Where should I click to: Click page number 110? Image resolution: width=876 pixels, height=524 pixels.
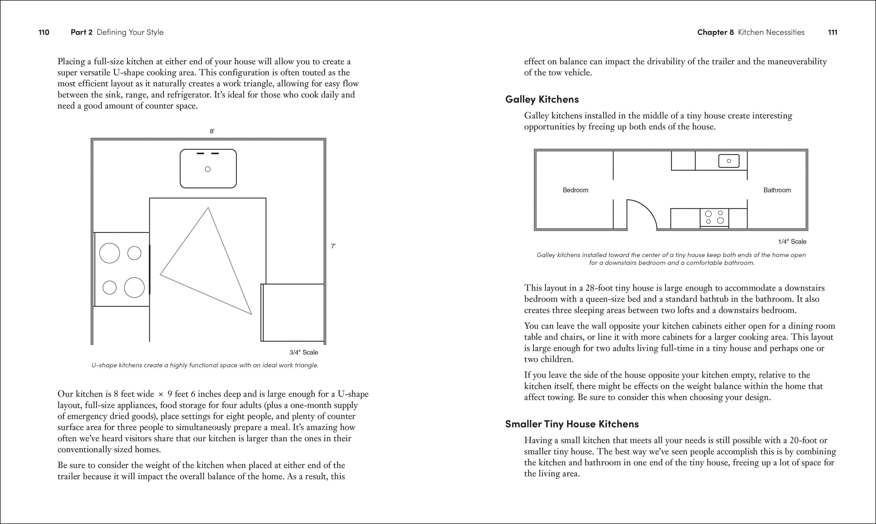tap(44, 32)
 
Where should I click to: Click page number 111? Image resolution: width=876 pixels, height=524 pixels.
tap(833, 32)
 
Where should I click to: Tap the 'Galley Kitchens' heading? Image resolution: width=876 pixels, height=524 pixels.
tap(542, 99)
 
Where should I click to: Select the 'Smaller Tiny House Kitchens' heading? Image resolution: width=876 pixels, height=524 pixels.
tap(572, 424)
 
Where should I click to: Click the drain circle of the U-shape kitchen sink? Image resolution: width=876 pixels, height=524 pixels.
tap(208, 169)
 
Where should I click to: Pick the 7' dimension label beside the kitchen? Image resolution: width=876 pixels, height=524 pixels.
tap(333, 246)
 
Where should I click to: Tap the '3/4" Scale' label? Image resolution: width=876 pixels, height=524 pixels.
tap(304, 352)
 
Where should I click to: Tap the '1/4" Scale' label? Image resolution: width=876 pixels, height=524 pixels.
tap(792, 241)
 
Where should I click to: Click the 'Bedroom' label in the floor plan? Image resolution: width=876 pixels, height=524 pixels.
tap(575, 190)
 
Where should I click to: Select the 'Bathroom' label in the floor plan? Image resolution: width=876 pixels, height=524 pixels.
tap(777, 190)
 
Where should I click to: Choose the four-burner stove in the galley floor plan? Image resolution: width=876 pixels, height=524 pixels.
tap(714, 217)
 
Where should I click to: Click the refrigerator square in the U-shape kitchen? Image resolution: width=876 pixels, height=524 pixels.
tap(293, 312)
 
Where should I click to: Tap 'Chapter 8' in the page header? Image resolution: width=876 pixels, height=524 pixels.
tap(715, 32)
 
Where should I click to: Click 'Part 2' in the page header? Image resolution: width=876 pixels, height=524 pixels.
tap(81, 32)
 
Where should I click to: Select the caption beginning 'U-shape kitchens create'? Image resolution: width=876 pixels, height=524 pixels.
tap(205, 365)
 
